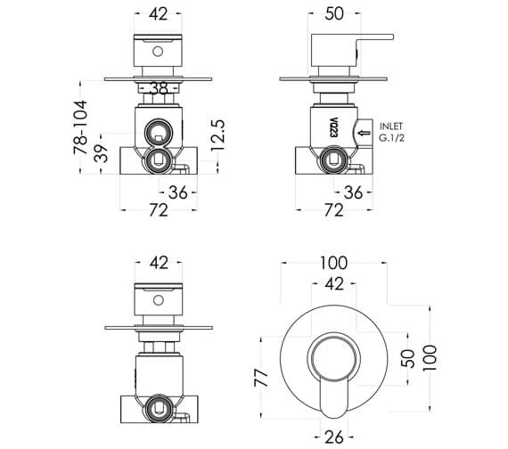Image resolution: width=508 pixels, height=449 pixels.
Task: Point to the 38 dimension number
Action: [x=159, y=88]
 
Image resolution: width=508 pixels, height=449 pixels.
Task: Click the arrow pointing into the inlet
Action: [x=364, y=133]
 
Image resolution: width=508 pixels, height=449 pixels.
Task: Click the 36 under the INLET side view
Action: [x=352, y=192]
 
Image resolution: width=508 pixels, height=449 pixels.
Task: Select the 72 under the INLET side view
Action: [x=332, y=211]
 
